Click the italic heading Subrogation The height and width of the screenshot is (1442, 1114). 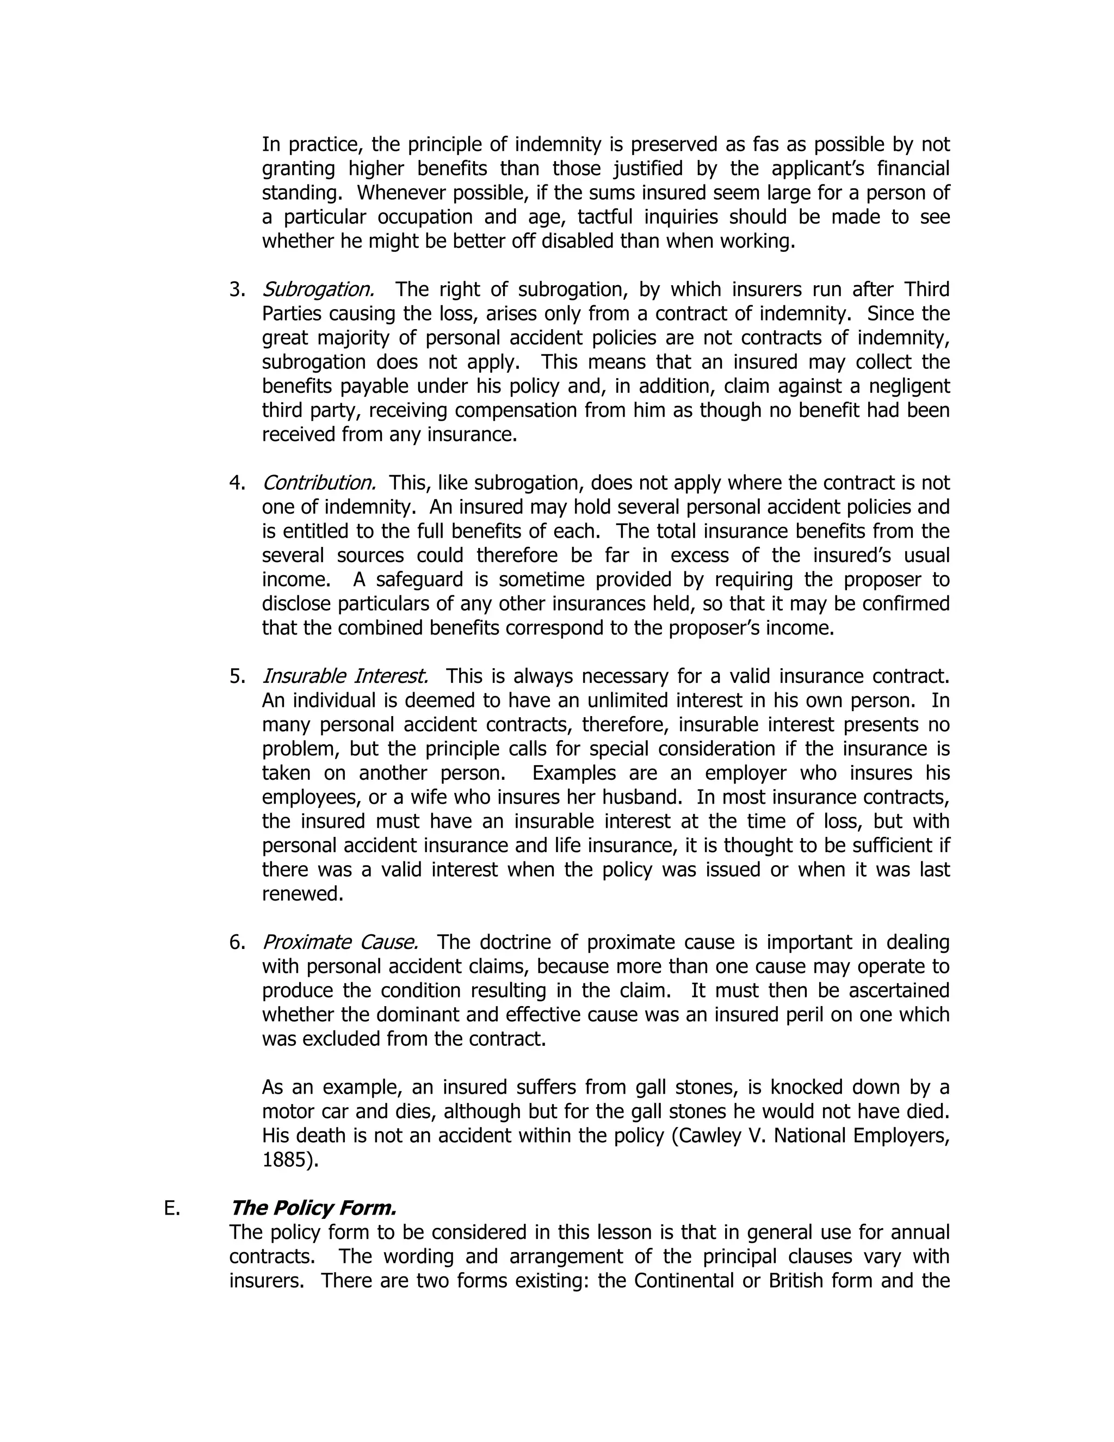click(x=318, y=290)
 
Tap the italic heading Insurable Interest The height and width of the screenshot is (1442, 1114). click(x=345, y=677)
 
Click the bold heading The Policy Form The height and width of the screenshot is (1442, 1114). click(x=313, y=1208)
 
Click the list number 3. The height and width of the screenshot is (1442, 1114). click(x=238, y=290)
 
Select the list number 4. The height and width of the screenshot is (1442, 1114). click(x=238, y=483)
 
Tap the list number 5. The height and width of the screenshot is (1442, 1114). click(x=238, y=677)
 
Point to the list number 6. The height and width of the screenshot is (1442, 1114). click(x=238, y=943)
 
